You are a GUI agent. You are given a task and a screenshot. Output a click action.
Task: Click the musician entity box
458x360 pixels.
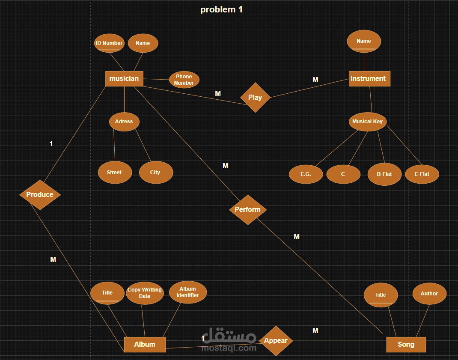click(x=124, y=79)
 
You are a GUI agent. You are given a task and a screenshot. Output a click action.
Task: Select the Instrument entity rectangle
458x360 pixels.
click(x=369, y=79)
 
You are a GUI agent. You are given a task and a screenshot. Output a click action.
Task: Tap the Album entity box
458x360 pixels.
click(x=145, y=344)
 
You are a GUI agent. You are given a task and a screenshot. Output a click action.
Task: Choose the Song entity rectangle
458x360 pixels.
click(x=406, y=344)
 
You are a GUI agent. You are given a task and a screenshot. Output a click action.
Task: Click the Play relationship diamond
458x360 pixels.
click(x=255, y=98)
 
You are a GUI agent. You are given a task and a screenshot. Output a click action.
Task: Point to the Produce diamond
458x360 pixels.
click(x=40, y=195)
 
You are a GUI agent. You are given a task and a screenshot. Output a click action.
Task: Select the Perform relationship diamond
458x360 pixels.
click(x=248, y=210)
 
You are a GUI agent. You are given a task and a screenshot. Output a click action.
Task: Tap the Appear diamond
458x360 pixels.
click(x=276, y=341)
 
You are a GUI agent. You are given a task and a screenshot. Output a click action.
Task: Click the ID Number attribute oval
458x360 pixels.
click(x=109, y=43)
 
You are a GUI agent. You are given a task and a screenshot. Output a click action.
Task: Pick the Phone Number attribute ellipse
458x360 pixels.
click(x=184, y=80)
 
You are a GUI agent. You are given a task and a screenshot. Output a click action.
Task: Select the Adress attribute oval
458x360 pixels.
click(x=124, y=122)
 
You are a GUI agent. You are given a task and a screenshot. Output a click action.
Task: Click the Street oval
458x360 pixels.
click(x=114, y=173)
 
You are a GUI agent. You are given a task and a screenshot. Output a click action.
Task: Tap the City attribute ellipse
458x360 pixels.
click(x=155, y=173)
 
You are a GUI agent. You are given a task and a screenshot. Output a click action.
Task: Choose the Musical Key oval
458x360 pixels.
click(x=367, y=122)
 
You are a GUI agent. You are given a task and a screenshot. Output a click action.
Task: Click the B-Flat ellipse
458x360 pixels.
click(x=384, y=174)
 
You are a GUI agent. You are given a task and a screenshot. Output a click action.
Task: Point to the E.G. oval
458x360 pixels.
click(x=306, y=174)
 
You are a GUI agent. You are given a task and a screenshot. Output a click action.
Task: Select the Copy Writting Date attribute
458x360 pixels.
click(x=145, y=293)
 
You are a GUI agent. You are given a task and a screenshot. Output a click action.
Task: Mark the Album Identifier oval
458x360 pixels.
click(x=187, y=292)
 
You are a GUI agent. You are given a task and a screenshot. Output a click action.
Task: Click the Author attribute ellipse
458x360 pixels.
click(x=429, y=294)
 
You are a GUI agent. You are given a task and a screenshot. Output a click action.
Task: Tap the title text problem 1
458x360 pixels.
click(x=221, y=9)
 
